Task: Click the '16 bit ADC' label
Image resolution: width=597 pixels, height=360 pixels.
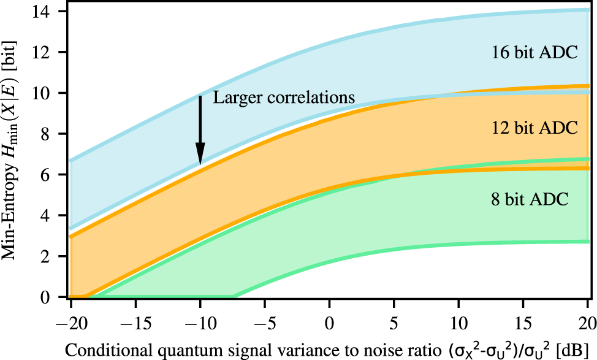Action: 534,53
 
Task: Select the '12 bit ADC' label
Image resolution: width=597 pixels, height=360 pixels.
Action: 534,128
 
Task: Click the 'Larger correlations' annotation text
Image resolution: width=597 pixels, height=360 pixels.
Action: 284,98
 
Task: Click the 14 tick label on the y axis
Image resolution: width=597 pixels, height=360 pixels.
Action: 47,12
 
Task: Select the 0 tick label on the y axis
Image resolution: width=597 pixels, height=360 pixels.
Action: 52,297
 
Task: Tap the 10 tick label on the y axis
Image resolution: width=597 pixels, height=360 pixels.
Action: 47,93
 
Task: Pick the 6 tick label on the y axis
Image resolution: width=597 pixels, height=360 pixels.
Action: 52,175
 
